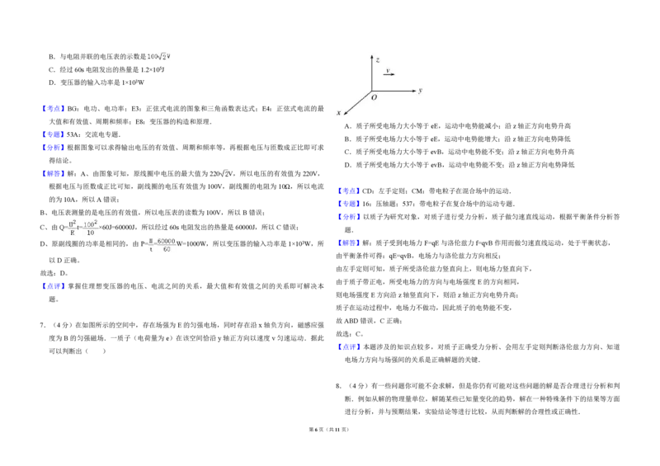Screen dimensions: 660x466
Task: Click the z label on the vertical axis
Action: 378,59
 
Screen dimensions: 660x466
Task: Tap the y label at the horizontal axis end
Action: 420,90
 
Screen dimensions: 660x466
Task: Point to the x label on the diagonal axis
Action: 338,112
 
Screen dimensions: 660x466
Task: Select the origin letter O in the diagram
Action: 374,97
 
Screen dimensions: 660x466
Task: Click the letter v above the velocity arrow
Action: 388,70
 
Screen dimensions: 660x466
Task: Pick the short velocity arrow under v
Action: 389,75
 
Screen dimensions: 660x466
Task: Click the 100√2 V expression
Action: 158,57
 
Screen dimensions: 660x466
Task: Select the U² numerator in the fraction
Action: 72,224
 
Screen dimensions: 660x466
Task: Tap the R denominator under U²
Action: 72,233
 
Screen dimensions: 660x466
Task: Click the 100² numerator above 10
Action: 90,224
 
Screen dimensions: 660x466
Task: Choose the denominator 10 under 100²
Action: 90,233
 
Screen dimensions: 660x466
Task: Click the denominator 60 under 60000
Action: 166,249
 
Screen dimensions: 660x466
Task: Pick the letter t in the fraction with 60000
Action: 151,249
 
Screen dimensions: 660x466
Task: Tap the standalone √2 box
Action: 224,172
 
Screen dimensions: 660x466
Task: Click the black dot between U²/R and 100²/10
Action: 80,228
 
